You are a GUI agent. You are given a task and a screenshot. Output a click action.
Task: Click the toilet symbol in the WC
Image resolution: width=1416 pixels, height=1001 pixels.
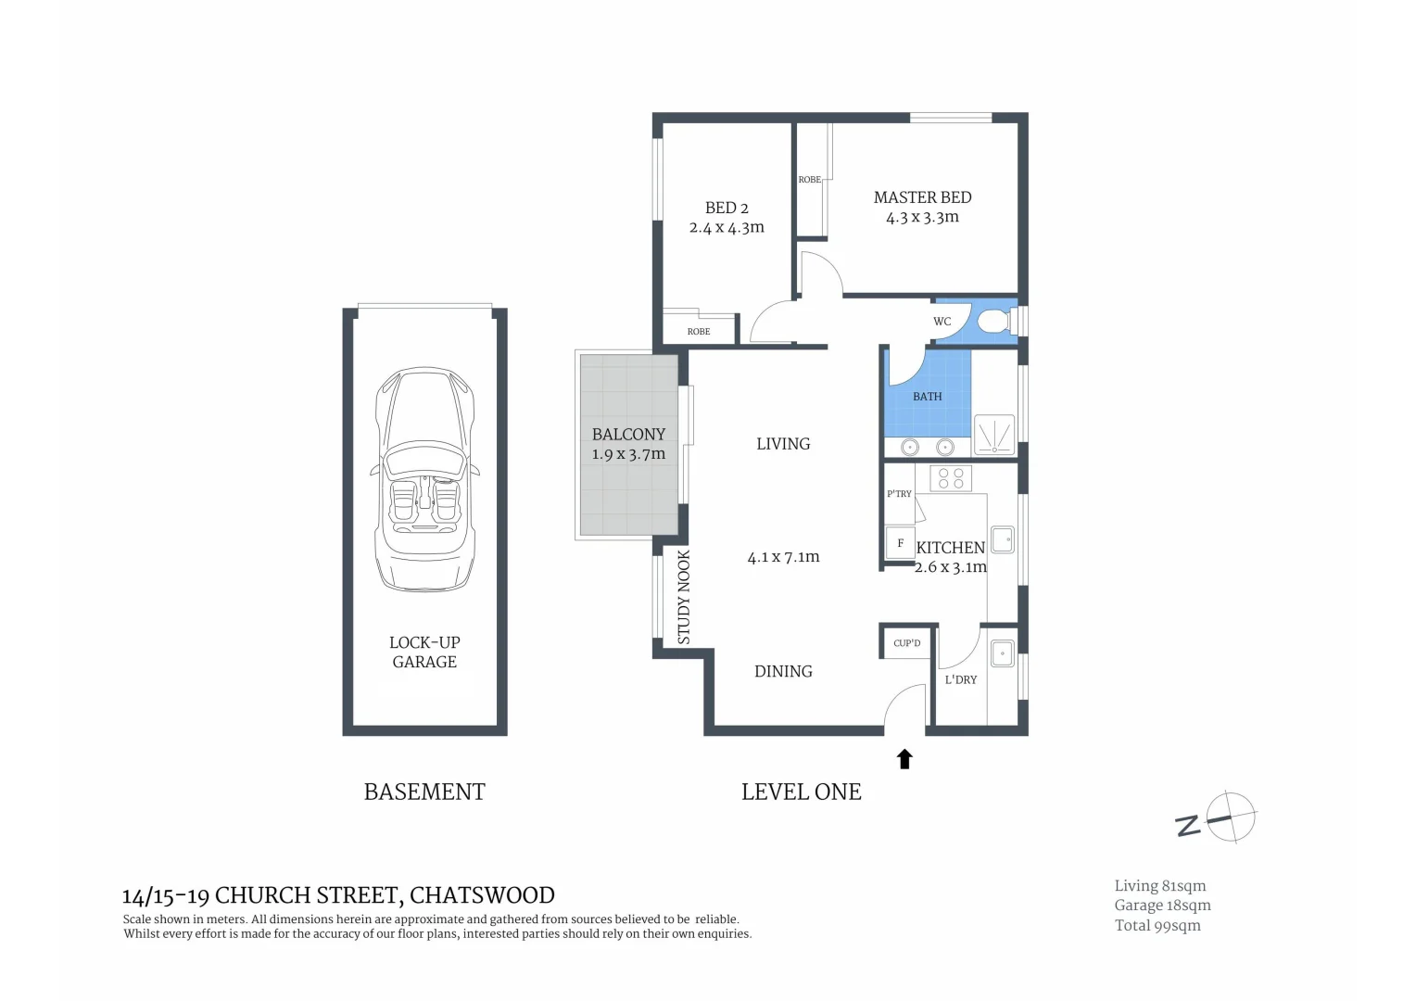tap(993, 322)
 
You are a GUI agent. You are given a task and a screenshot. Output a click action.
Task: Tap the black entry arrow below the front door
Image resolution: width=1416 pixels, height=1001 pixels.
tap(904, 759)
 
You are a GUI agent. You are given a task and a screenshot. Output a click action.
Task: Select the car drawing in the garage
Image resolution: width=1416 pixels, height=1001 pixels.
tap(424, 478)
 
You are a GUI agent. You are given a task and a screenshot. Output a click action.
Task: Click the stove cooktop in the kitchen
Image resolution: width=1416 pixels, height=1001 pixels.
tap(951, 478)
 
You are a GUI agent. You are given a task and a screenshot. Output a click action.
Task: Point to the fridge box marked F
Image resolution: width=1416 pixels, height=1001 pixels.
tap(900, 543)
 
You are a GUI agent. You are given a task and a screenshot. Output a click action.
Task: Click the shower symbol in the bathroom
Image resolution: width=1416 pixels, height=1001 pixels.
tap(994, 435)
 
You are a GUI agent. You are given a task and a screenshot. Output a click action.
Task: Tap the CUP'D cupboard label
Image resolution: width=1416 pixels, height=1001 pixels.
tap(906, 643)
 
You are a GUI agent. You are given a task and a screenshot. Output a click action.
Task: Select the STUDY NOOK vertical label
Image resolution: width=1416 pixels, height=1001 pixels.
tap(684, 597)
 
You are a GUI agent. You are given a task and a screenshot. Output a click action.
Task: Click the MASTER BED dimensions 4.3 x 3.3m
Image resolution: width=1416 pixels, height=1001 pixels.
tap(922, 218)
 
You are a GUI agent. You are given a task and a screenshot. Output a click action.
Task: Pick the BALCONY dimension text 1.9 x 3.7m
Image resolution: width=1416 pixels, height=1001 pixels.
tap(628, 454)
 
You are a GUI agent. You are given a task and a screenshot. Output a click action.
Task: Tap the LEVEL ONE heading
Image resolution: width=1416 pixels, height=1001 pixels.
tap(801, 792)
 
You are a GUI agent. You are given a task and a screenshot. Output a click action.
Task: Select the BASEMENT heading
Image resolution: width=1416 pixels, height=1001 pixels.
tap(424, 792)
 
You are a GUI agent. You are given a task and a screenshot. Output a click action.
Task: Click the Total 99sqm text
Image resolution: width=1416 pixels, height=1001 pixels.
tap(1157, 925)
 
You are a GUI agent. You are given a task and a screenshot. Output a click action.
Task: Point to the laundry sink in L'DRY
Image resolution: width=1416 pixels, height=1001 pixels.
tap(1002, 653)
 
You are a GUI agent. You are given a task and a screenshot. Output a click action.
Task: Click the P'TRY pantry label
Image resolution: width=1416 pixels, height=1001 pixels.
tap(899, 494)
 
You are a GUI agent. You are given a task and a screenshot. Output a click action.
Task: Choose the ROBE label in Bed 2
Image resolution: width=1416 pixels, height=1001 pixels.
tap(699, 331)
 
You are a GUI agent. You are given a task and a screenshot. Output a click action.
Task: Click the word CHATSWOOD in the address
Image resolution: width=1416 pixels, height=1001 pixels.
tap(482, 895)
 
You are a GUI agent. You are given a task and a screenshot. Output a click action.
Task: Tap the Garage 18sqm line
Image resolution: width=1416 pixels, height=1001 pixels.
tap(1162, 906)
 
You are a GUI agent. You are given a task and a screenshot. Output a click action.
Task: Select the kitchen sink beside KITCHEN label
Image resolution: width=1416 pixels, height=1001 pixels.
tap(1002, 539)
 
